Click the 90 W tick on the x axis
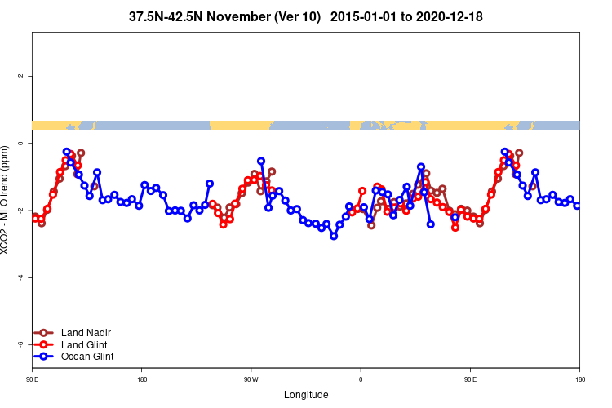[x=251, y=380]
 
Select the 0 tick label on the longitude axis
[x=361, y=380]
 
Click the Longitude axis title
[x=306, y=395]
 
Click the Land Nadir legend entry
[x=86, y=333]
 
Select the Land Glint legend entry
[x=84, y=344]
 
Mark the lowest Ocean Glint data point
[x=334, y=236]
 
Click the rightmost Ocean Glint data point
[x=577, y=206]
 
